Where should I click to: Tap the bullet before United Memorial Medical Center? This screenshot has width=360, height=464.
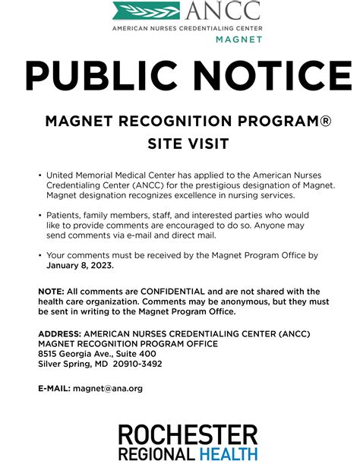tap(39, 175)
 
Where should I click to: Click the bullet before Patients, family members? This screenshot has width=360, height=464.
tap(39, 216)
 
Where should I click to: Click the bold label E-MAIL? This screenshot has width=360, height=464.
tap(54, 388)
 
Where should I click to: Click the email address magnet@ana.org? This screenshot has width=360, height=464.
tap(108, 388)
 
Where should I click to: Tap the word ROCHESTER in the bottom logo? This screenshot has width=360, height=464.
tap(188, 434)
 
